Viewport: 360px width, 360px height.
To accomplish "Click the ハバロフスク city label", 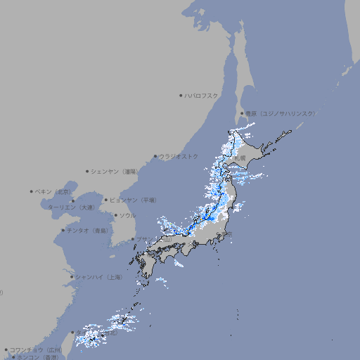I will click(201, 95).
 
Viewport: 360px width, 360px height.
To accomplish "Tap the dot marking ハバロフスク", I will click(181, 95).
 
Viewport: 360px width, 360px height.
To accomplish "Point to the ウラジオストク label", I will click(179, 156).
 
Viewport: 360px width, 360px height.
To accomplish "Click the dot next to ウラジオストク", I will click(155, 156).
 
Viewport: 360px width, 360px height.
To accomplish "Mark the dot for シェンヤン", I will click(88, 171).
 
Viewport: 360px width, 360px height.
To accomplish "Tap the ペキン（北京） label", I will click(53, 191).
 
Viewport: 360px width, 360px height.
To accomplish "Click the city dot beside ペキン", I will click(32, 191).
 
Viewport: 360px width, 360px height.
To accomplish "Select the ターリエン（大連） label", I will click(71, 207).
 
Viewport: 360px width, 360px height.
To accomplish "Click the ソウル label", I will click(127, 215).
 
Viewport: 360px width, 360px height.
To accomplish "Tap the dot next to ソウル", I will click(115, 215).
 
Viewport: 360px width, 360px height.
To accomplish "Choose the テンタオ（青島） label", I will click(89, 231).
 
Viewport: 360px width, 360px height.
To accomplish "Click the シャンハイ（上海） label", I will click(98, 277).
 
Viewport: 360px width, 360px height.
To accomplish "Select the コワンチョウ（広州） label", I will click(35, 349).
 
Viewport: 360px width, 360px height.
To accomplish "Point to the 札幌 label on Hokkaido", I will click(240, 159).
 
